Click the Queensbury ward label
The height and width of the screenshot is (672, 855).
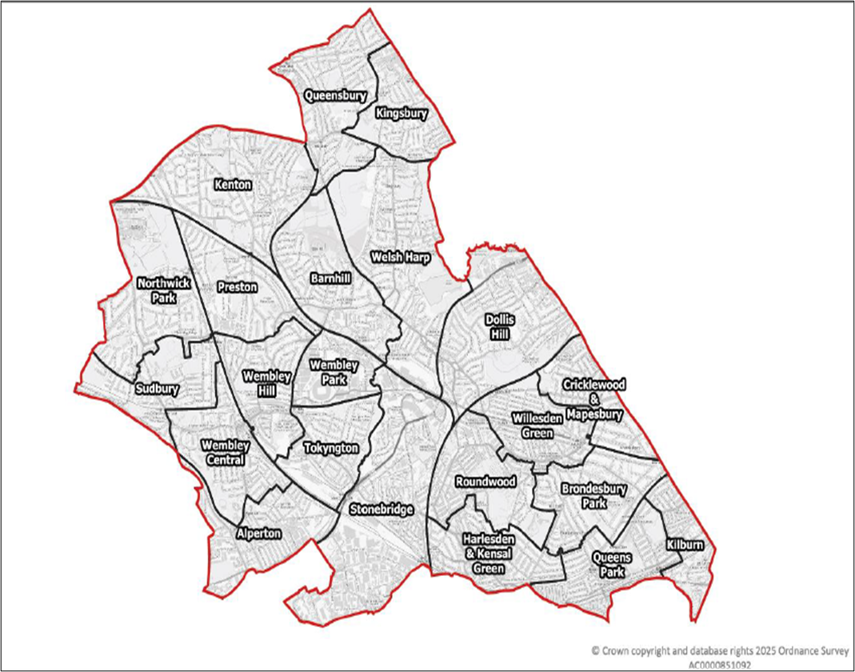[335, 95]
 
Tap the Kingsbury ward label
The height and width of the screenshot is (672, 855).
[402, 114]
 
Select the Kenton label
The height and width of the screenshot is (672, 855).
[233, 185]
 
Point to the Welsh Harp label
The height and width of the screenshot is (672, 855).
[401, 258]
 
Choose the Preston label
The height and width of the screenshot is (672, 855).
[237, 286]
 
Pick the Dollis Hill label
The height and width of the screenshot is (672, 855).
[501, 326]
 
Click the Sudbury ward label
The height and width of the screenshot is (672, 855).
[156, 390]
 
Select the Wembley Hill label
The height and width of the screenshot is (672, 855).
[262, 381]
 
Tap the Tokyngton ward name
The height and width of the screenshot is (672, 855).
[331, 448]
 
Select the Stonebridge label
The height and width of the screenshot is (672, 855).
[382, 509]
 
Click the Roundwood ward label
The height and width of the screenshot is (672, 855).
[485, 482]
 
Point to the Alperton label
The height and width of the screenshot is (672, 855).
[260, 532]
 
